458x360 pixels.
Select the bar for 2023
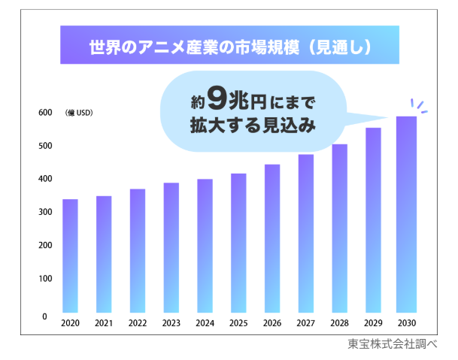171,247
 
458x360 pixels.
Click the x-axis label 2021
104,323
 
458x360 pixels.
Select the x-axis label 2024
205,323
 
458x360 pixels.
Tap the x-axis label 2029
373,323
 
